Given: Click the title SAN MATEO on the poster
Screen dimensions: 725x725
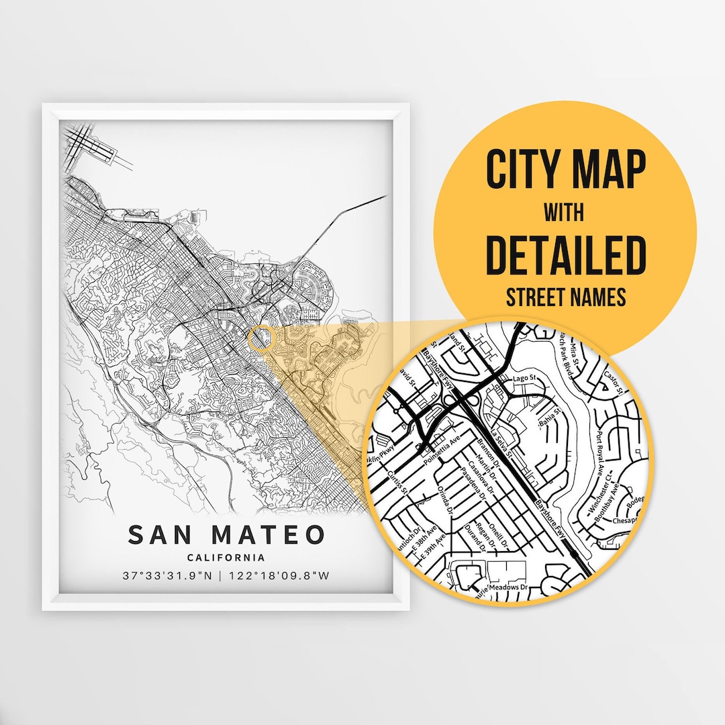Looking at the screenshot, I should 226,535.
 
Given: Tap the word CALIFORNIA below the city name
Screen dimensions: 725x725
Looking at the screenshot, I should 226,558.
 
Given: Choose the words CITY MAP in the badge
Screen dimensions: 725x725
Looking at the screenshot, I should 565,170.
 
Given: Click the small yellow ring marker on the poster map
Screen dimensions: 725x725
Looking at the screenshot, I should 260,338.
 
